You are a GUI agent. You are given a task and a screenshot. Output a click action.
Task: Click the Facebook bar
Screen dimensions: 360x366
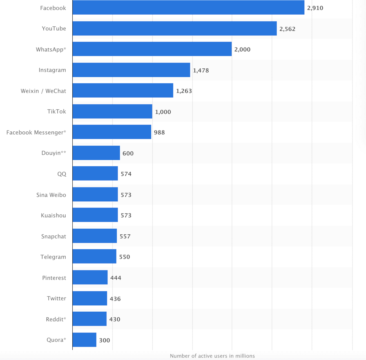coord(188,7)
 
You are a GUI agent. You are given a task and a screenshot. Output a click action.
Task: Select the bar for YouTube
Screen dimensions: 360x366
coord(175,28)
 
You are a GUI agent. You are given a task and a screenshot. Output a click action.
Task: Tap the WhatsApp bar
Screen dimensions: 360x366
coord(152,49)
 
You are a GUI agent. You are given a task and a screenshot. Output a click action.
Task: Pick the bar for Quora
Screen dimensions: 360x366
coord(84,340)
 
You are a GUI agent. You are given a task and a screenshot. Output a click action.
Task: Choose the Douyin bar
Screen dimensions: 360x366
coord(96,153)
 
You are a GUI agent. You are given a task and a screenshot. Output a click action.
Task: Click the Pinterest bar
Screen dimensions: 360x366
coord(90,277)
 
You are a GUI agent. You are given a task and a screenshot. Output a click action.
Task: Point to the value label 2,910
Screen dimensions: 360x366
coord(315,8)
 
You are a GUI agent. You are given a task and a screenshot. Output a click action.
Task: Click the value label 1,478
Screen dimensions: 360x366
coord(201,70)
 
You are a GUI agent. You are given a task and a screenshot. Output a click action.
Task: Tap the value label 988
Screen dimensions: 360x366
coord(159,132)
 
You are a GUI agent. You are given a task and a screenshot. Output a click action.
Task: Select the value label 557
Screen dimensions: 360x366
coord(125,236)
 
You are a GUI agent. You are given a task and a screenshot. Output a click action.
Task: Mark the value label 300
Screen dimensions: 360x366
coord(104,340)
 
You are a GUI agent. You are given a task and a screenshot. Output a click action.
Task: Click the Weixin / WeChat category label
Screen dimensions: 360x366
coord(43,91)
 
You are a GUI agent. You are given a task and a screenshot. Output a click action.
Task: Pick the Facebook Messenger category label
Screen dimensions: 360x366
coord(36,132)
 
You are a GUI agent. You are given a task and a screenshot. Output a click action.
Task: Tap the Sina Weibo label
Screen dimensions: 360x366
coord(51,195)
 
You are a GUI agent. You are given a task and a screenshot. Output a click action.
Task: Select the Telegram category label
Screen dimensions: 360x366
coord(53,257)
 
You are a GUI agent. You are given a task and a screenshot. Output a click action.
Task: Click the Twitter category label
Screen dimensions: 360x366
coord(57,298)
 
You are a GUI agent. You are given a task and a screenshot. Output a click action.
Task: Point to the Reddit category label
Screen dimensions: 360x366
coord(56,319)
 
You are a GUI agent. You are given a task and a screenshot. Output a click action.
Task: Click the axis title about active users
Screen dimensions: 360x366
coord(212,356)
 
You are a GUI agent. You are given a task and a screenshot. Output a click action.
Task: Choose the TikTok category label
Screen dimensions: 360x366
coord(57,111)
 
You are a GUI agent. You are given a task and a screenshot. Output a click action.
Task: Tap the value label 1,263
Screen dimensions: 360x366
coord(184,91)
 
